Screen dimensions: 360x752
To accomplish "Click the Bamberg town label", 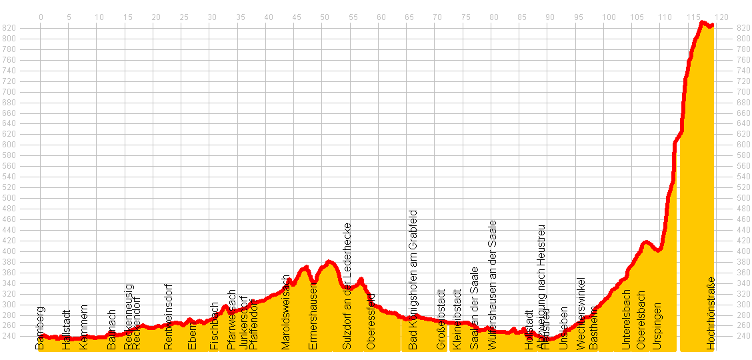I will [41, 328].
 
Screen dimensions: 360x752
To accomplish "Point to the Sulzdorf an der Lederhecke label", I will [347, 287].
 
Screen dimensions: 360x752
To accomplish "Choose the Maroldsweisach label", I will [287, 312].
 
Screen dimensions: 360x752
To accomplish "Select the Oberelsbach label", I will [641, 320].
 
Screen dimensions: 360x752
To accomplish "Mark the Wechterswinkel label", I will [581, 314].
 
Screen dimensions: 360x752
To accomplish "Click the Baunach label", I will [112, 330].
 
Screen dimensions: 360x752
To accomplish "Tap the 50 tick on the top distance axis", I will [324, 17].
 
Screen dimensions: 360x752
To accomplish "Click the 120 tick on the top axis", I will [722, 17].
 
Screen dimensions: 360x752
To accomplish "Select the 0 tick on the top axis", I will [41, 17].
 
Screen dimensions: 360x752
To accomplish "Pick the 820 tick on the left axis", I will [9, 28].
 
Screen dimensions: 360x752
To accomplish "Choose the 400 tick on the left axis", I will [9, 251].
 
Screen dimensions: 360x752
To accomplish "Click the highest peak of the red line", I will [702, 23].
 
